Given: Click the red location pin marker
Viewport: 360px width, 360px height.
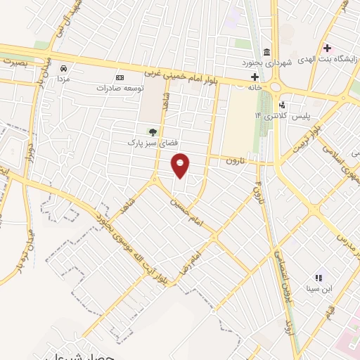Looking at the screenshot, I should tap(181, 165).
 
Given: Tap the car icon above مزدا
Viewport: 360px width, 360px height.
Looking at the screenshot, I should tap(64, 69).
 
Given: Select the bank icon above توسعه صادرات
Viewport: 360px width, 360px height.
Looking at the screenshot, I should tap(119, 77).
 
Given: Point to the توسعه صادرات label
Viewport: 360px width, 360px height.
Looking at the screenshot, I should tap(120, 89).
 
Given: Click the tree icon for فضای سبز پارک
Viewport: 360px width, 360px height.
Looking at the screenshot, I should tap(152, 131).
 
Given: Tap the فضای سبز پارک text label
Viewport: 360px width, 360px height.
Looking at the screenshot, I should tap(150, 143).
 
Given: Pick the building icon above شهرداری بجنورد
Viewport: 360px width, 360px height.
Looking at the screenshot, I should tap(266, 52).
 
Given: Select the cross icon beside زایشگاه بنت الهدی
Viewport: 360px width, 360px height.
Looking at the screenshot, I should tap(326, 48).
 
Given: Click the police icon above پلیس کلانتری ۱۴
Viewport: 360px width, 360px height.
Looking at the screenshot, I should tap(282, 105).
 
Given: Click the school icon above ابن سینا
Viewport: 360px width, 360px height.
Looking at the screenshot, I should tap(318, 278).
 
